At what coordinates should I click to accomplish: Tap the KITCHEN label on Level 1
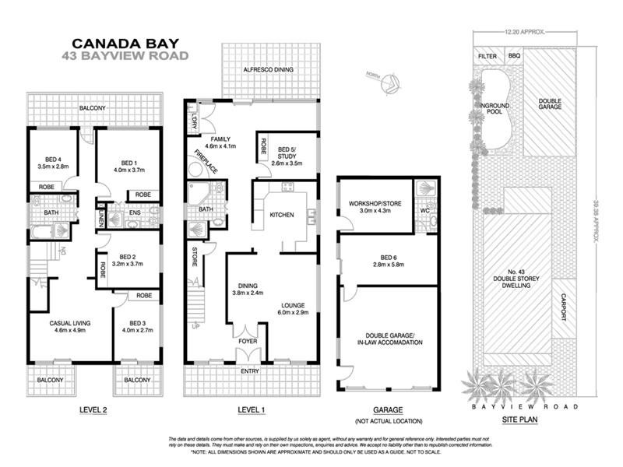coord(281,215)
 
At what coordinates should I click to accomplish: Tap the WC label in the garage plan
coord(425,211)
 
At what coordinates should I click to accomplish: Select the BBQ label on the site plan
coord(515,56)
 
